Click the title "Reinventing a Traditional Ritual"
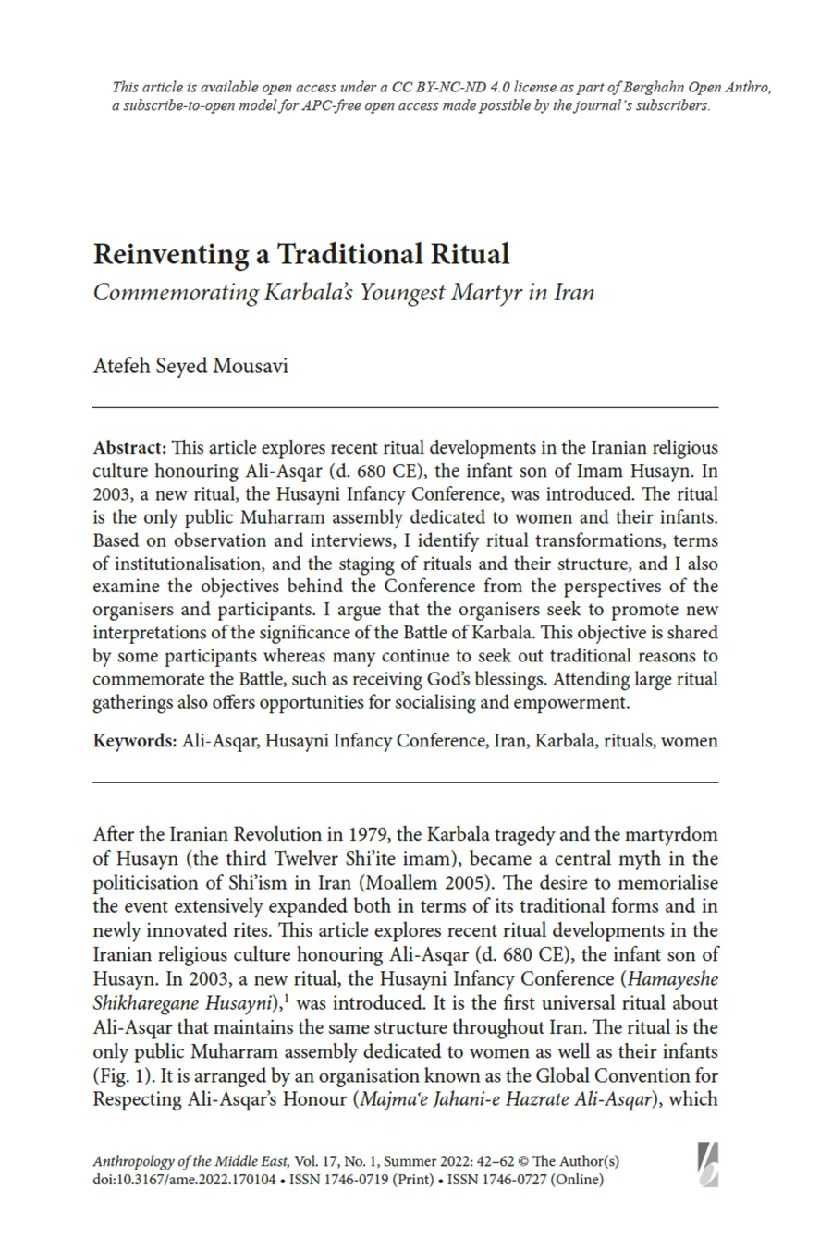[301, 254]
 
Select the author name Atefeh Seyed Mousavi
[190, 366]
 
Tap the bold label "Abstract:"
[129, 447]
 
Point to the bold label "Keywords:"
[134, 740]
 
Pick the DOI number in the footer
[184, 1180]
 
